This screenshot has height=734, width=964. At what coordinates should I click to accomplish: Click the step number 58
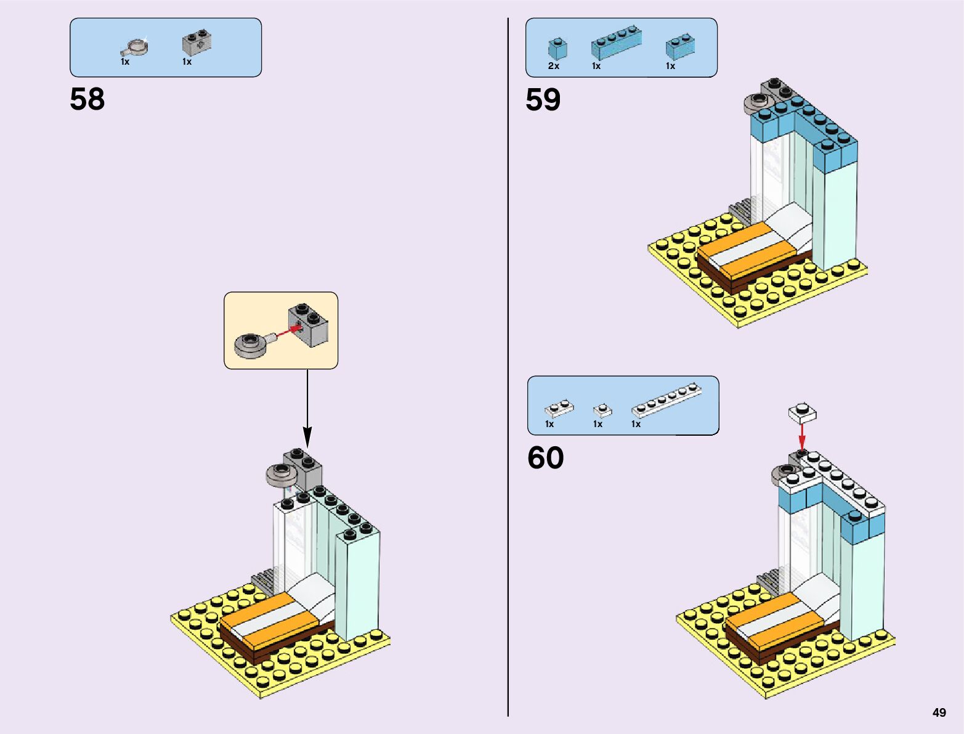coord(87,99)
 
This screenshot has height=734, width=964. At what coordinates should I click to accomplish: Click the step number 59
coord(543,100)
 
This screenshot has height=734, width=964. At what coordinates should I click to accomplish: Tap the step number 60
coord(545,458)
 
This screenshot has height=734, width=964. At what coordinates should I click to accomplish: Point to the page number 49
coord(939,712)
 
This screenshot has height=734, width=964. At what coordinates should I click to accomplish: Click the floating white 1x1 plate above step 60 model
coord(803,412)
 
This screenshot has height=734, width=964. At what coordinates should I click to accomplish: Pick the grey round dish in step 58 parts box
coord(134,47)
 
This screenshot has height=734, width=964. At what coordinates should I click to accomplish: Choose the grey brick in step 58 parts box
coord(196,43)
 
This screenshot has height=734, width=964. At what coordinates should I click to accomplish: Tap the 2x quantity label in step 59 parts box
coord(553,66)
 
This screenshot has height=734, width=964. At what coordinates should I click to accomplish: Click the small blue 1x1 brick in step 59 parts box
coord(557,48)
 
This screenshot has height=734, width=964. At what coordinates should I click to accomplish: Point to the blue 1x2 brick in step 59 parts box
coord(680,46)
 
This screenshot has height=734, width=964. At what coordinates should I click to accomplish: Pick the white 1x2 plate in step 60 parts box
coord(559,408)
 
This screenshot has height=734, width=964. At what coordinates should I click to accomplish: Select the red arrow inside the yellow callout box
coord(289,332)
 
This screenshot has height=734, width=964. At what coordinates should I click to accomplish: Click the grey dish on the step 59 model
coord(755,104)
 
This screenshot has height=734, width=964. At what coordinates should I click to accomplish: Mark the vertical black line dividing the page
coord(508,370)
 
